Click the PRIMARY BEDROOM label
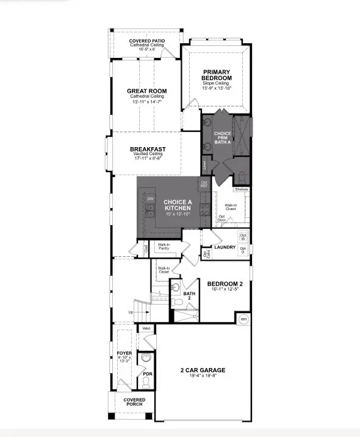(x=217, y=74)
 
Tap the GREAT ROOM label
(x=146, y=91)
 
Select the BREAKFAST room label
(x=148, y=149)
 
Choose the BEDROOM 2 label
(x=225, y=284)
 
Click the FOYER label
(x=124, y=353)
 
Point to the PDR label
(x=147, y=374)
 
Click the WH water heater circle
(x=243, y=319)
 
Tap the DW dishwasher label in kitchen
(x=149, y=199)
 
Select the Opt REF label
(x=204, y=184)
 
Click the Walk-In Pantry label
(x=164, y=246)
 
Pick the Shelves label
(x=242, y=189)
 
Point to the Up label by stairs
(x=130, y=312)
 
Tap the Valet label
(x=146, y=328)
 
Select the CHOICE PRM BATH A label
(x=223, y=137)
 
